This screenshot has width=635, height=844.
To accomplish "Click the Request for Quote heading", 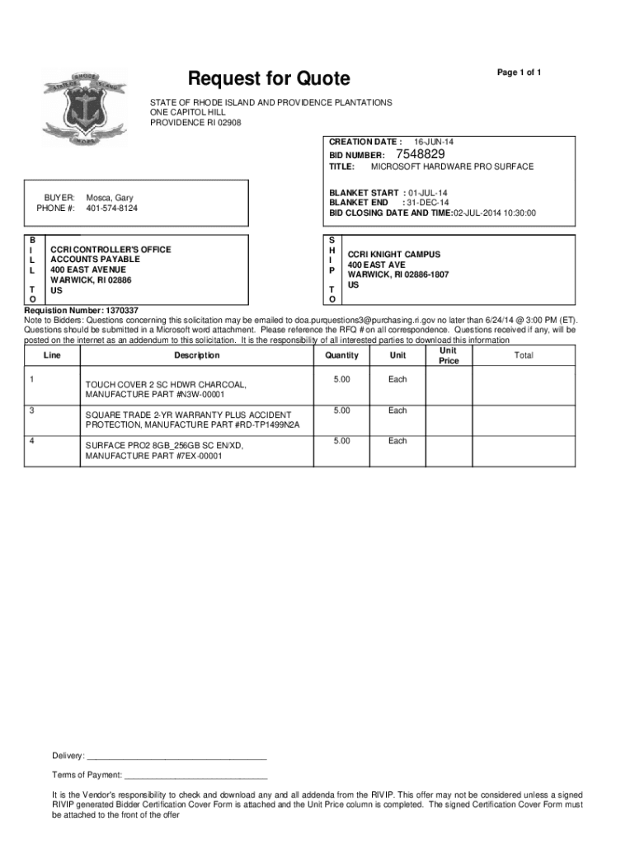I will (270, 79).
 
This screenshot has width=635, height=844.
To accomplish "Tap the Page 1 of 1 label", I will (518, 73).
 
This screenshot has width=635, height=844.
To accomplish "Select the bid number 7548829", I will (421, 154).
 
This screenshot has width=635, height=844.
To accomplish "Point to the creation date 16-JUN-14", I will (433, 142).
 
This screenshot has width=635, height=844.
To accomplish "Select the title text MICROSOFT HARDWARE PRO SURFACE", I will (452, 166).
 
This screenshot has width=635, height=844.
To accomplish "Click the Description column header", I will (197, 355).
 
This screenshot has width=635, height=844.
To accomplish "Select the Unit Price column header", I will (449, 355).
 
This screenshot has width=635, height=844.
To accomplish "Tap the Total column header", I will (523, 355).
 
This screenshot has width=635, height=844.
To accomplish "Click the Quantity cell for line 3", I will (341, 410).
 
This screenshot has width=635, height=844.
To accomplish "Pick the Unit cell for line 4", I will (397, 441).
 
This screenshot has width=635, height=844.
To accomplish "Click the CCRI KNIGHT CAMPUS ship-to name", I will (393, 255).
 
